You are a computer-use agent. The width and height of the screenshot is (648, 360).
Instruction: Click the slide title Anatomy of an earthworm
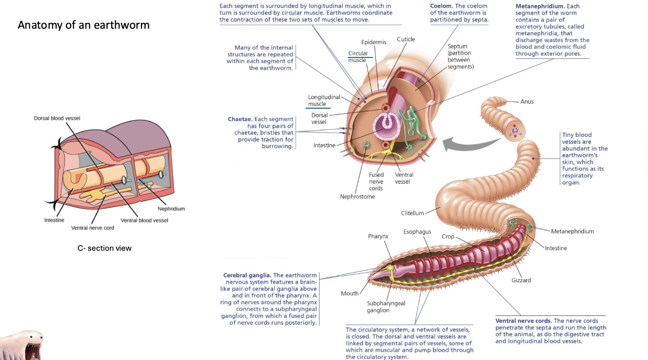point(84,25)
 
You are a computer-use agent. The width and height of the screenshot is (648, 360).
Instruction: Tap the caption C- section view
point(105,248)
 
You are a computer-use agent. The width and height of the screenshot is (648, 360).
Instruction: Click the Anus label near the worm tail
point(526,102)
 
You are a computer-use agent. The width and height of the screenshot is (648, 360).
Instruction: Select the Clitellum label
point(412,213)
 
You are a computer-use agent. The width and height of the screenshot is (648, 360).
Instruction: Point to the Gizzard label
point(521,280)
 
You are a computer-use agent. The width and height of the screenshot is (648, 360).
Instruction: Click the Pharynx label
point(378,236)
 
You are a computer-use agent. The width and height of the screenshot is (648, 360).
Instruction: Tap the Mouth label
point(350,293)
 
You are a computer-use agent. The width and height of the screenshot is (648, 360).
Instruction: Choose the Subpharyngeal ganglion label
point(386,307)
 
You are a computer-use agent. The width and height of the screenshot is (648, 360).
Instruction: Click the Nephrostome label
point(357,196)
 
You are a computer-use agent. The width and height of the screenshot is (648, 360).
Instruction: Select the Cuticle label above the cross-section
point(406,39)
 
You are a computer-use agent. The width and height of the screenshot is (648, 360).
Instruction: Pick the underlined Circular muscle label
point(357,56)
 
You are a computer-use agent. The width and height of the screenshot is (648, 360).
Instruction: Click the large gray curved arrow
point(461,143)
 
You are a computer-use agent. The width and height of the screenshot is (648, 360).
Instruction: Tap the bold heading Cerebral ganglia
point(247,275)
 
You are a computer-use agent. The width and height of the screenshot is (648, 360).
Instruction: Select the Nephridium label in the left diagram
point(171,209)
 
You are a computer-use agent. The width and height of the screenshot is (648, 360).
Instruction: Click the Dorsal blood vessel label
point(57,118)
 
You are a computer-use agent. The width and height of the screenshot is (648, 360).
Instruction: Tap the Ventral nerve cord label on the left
point(92,228)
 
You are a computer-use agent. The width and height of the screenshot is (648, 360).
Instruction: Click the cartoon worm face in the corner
point(22,345)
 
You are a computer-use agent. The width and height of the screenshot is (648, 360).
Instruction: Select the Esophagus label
point(417,232)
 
